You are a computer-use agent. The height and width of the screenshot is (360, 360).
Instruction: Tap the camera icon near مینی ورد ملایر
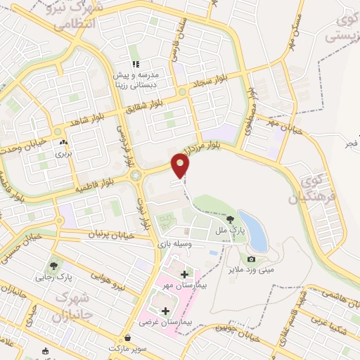(252, 259)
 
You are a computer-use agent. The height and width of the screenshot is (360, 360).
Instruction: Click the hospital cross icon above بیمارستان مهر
(184, 274)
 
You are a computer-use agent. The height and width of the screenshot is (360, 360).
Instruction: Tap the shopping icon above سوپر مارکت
(128, 337)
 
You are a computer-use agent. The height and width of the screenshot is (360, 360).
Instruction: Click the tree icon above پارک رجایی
(52, 266)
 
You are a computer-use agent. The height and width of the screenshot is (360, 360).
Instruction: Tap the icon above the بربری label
(64, 141)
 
